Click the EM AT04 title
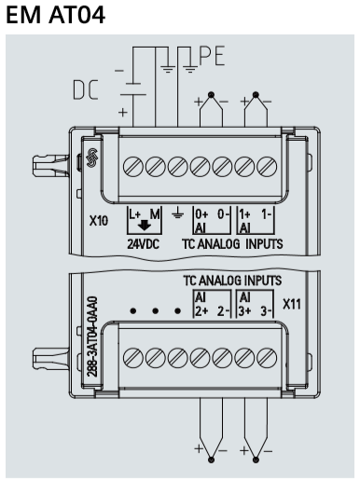point(55,14)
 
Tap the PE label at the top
point(212,56)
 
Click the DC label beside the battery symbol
point(86,89)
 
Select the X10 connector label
point(99,221)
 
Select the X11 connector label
point(292,304)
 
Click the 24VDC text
point(143,244)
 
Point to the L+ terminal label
point(135,214)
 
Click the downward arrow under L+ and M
point(145,225)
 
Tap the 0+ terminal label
point(201,214)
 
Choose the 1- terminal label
point(267,214)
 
